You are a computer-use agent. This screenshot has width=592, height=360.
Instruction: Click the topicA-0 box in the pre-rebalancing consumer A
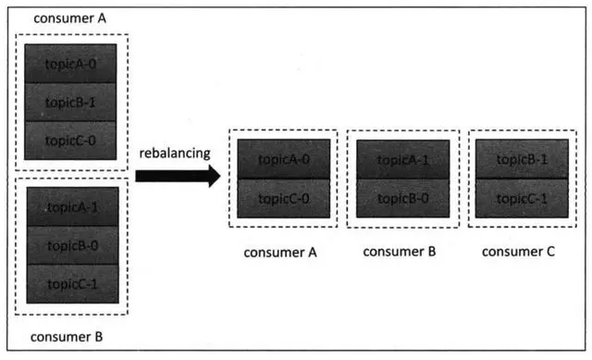[x=70, y=63]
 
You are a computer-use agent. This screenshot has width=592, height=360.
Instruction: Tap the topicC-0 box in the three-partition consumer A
[x=70, y=140]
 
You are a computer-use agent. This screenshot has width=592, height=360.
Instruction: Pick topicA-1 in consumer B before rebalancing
[x=70, y=206]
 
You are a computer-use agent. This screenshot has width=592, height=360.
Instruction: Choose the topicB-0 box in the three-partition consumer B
[x=70, y=245]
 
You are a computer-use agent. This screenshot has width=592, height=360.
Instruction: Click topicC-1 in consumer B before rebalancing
[x=70, y=283]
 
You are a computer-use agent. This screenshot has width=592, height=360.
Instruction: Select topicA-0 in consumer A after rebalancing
[x=284, y=159]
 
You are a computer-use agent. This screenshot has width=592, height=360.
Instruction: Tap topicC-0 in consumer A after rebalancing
[x=284, y=198]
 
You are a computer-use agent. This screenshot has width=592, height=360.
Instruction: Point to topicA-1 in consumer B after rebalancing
[x=402, y=159]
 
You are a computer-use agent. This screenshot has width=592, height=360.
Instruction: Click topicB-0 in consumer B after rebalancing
[x=402, y=198]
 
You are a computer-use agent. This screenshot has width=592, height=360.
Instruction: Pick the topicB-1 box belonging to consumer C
[x=520, y=159]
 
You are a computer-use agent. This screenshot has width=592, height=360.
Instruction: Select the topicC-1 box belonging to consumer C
[x=520, y=198]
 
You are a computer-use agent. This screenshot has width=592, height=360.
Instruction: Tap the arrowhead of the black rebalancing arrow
[x=214, y=173]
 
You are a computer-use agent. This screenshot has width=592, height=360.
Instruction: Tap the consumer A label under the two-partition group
[x=279, y=251]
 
